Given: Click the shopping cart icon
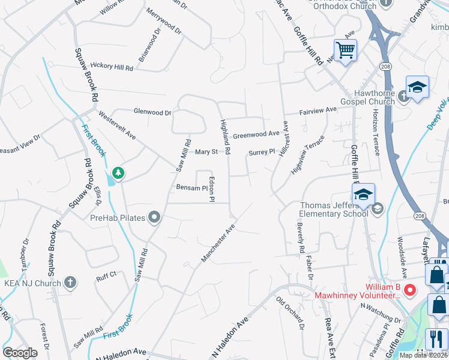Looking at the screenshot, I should point(346,50).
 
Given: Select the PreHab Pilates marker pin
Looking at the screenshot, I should point(155,217).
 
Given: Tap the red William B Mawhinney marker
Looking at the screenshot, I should point(411,290).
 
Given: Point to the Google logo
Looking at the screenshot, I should point(20,353).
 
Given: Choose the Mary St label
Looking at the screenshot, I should point(206,152).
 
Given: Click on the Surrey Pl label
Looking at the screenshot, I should point(261,152).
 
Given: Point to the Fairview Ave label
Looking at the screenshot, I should point(319,111).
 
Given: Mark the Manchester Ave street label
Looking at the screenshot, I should point(217,244).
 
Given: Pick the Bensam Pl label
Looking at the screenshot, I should point(191,188).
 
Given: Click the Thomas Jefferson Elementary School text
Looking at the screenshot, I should point(334,209).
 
